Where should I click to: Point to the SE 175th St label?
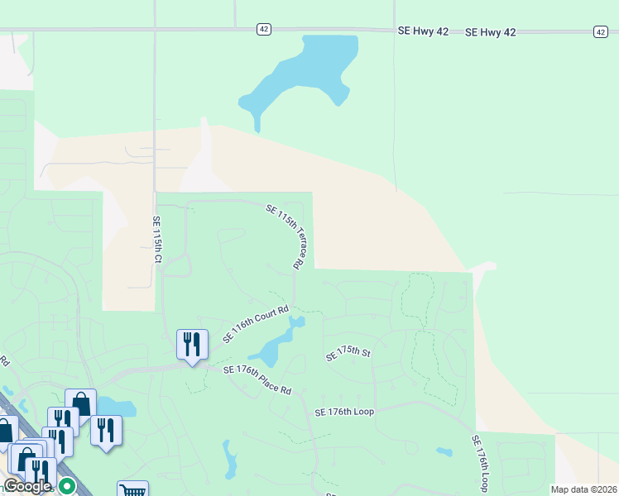click(347, 353)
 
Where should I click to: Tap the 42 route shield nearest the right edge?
click(600, 31)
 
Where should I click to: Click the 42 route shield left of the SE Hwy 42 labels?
click(263, 29)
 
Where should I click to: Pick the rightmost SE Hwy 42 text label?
click(490, 32)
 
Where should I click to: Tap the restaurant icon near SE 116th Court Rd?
click(192, 344)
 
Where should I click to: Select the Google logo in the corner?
click(26, 486)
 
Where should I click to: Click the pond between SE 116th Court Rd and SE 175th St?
click(276, 345)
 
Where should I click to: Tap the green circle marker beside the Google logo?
click(67, 486)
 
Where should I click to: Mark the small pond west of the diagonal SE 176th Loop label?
click(444, 453)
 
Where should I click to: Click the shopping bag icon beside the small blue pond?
click(81, 403)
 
